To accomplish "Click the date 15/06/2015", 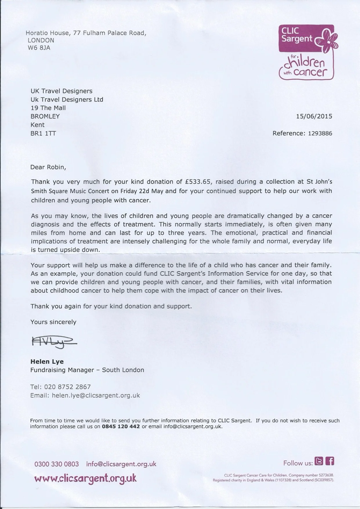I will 314,116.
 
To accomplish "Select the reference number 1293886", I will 320,133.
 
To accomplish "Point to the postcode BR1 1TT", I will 43,133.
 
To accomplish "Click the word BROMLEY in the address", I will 45,116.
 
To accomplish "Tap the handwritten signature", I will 53,342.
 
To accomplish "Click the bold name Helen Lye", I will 47,362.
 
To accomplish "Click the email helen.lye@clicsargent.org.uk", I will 96,395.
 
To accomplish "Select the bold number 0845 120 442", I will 121,427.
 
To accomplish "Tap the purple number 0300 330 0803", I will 57,464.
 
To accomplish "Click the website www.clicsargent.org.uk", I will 85,478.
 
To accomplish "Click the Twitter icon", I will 319,461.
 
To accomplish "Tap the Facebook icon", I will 330,461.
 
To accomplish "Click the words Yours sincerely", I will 53,322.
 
